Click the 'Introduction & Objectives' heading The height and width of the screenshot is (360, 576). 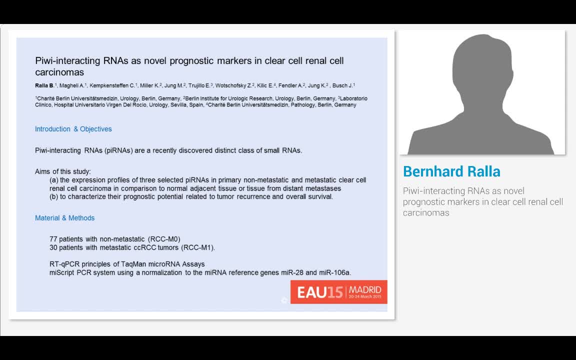click(73, 129)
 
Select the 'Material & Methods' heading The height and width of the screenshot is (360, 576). click(64, 218)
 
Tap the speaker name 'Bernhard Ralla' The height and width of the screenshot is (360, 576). click(451, 171)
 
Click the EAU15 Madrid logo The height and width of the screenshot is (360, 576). click(338, 292)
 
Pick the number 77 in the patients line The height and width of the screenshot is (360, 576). click(53, 239)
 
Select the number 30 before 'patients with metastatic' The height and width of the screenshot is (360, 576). click(53, 247)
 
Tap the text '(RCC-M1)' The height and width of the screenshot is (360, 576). click(197, 247)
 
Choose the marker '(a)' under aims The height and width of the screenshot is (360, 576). click(53, 180)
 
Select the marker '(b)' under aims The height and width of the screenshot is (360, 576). click(53, 196)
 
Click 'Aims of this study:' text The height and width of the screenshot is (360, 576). click(63, 171)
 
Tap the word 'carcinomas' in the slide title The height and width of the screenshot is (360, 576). click(59, 72)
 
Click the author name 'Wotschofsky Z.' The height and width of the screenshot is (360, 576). click(233, 85)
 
